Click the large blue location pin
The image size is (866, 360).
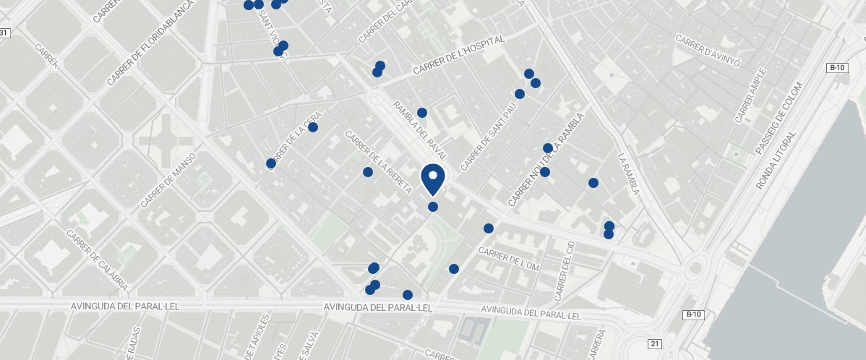pyautogui.click(x=432, y=179)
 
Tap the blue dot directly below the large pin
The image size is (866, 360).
pyautogui.click(x=433, y=207)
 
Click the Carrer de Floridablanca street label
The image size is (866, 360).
pyautogui.click(x=151, y=43)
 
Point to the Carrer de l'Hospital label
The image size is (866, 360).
pyautogui.click(x=458, y=56)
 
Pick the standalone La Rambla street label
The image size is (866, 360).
pyautogui.click(x=628, y=174)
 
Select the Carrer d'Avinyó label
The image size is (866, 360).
pyautogui.click(x=708, y=48)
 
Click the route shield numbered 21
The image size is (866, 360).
pyautogui.click(x=654, y=343)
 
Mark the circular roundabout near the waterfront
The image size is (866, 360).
pyautogui.click(x=695, y=267)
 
